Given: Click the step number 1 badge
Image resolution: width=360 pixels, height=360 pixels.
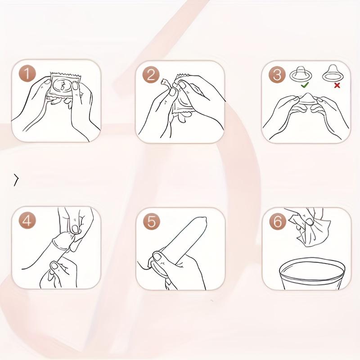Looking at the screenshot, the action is click(27, 74).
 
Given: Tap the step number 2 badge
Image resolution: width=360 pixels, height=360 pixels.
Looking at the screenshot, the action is click(151, 75).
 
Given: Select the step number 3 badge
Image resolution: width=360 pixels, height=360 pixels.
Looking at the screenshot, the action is click(277, 75).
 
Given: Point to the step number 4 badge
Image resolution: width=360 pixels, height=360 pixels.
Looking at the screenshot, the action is click(27, 220).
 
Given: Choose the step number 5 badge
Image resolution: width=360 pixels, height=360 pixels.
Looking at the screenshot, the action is click(152, 221).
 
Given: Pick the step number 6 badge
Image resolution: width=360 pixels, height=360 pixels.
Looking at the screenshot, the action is click(278, 221).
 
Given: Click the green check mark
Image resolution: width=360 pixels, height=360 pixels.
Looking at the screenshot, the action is click(305, 85).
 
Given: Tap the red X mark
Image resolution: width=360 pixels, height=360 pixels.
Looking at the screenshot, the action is click(337, 85).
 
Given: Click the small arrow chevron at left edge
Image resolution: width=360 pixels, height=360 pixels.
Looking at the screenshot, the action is click(16, 180).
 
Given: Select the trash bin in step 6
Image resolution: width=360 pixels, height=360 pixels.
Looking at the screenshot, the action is click(312, 274).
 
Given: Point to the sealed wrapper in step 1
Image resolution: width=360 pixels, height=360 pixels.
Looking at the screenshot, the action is click(64, 85).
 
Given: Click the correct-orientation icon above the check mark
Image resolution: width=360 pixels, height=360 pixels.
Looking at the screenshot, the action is click(301, 74).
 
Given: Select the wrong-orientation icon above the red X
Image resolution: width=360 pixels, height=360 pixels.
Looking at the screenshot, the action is click(333, 73).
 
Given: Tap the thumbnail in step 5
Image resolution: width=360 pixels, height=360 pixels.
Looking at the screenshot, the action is click(157, 256).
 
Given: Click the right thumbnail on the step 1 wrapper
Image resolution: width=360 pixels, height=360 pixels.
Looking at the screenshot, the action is click(75, 86).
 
